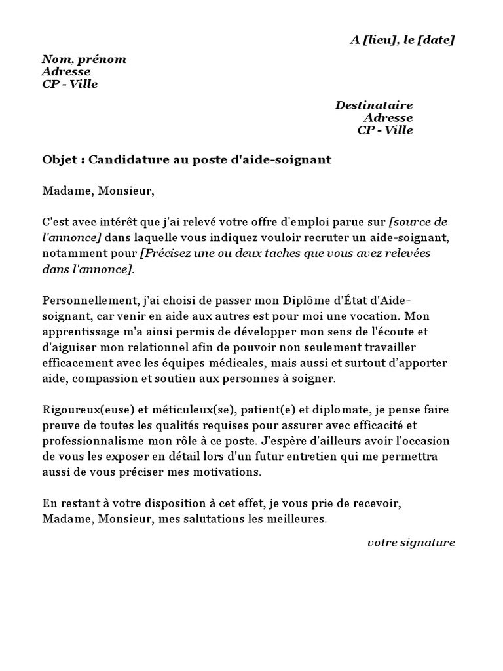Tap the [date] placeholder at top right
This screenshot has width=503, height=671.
436,41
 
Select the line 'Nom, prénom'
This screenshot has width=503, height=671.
84,60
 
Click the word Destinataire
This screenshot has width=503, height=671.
374,105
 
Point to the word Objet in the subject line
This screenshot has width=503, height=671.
60,160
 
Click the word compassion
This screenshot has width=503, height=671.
121,379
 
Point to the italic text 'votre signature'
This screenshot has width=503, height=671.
411,543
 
